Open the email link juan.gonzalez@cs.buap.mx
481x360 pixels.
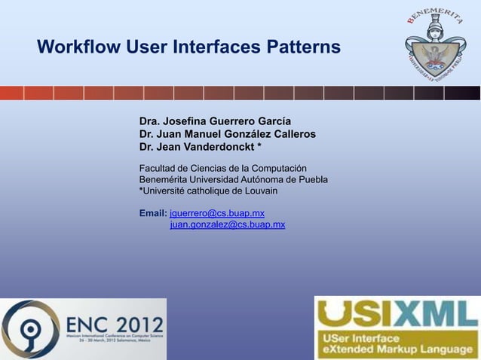[228, 224]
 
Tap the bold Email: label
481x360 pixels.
[153, 214]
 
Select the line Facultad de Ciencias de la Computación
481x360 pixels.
[222, 167]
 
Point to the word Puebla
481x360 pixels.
[311, 179]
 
